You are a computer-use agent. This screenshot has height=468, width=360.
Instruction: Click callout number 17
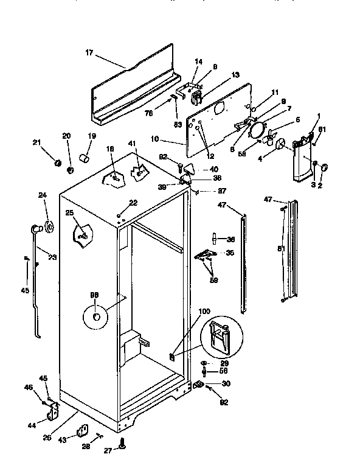pos(89,53)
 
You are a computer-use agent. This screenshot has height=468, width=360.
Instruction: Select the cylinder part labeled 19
pos(86,159)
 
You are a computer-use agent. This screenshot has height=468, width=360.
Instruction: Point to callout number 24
pos(43,195)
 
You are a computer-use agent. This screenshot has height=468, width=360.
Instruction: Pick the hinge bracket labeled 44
pos(53,412)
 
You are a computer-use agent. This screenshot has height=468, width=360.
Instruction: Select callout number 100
pos(204,312)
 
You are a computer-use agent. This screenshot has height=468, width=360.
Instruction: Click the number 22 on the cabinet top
pos(133,203)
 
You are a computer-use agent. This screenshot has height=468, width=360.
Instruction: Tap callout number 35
pos(229,253)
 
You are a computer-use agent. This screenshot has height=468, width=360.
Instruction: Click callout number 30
pos(226,383)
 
